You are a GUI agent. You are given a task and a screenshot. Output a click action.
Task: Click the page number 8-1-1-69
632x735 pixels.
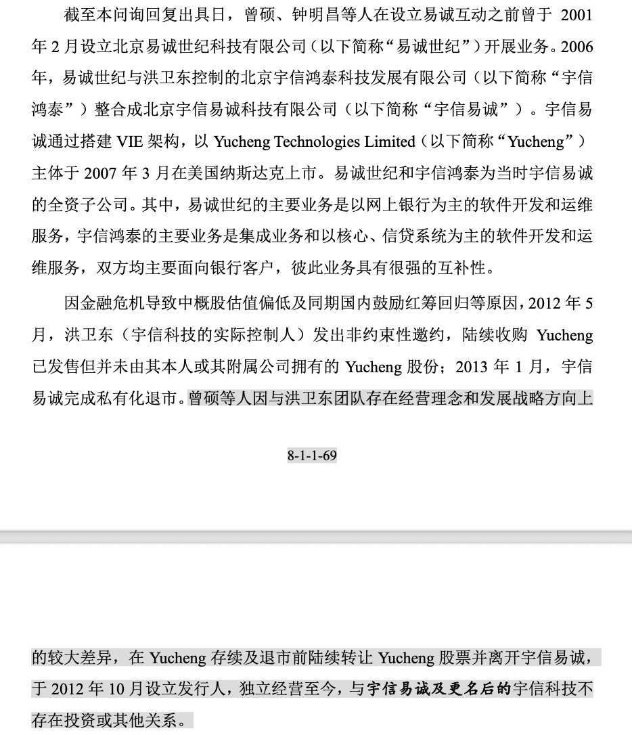pyautogui.click(x=312, y=455)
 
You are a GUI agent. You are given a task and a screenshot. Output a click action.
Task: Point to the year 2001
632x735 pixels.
pyautogui.click(x=576, y=15)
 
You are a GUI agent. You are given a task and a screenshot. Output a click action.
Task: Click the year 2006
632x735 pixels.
pyautogui.click(x=577, y=47)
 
